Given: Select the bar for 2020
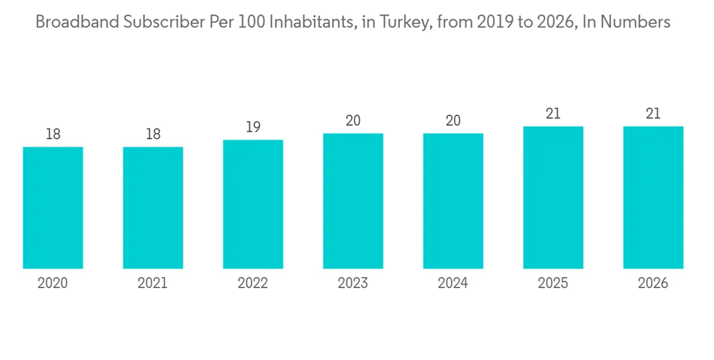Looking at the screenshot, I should point(53,208).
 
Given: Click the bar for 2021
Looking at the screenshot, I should point(153,208).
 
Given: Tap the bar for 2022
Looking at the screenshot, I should point(253,204).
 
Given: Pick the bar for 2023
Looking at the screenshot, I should point(353,201).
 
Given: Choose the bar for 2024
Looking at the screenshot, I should point(453,201).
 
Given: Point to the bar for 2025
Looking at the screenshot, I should point(553,197).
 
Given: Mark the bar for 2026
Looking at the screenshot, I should point(653,197).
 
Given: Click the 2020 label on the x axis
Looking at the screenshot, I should point(53,284).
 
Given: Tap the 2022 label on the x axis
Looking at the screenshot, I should point(253,284).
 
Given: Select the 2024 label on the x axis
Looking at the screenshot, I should point(453,284).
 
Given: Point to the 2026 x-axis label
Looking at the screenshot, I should point(653,284).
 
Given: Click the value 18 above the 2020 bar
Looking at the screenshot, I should point(53,134).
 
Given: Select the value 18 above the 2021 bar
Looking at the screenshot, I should point(153,134).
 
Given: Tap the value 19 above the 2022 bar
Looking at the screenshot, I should point(253,127).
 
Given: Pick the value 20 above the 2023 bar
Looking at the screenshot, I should point(353,121).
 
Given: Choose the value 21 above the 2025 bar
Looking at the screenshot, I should point(553,114).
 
